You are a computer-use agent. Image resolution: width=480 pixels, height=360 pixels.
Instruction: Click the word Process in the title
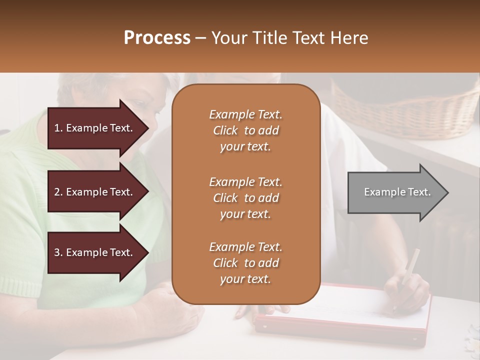point(157,38)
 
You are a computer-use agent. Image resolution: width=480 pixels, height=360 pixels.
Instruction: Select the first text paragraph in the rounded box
point(245,130)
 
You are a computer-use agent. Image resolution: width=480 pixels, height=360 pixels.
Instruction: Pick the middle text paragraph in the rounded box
point(245,198)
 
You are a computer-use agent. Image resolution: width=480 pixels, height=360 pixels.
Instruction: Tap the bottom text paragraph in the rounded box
point(245,263)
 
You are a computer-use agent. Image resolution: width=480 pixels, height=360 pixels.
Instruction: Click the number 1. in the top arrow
point(58,128)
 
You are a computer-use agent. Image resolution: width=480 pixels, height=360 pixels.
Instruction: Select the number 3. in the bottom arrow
point(58,252)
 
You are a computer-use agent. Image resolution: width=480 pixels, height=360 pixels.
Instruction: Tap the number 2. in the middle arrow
point(58,192)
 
